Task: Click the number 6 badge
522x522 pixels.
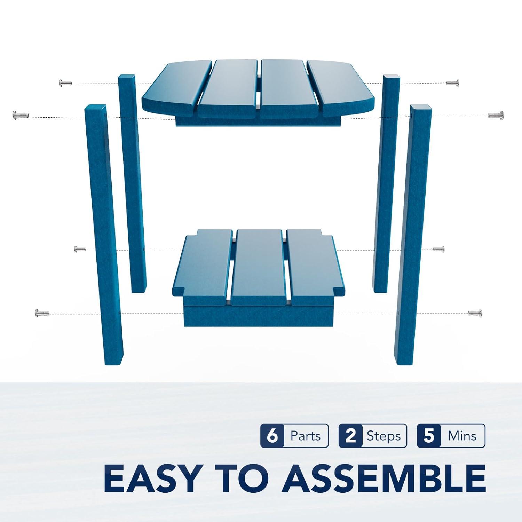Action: (x=272, y=436)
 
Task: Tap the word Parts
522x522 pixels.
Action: (x=306, y=436)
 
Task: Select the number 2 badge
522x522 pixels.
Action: (x=350, y=436)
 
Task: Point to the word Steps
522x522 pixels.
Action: (x=383, y=436)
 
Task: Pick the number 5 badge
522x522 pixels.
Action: (x=429, y=436)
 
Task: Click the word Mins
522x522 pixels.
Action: (x=462, y=436)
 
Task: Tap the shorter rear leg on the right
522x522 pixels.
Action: (x=386, y=183)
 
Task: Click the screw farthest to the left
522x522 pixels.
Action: (x=20, y=114)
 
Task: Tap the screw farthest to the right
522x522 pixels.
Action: (x=496, y=114)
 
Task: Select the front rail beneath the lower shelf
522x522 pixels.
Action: (x=258, y=316)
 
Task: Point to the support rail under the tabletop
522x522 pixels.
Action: (x=258, y=121)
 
